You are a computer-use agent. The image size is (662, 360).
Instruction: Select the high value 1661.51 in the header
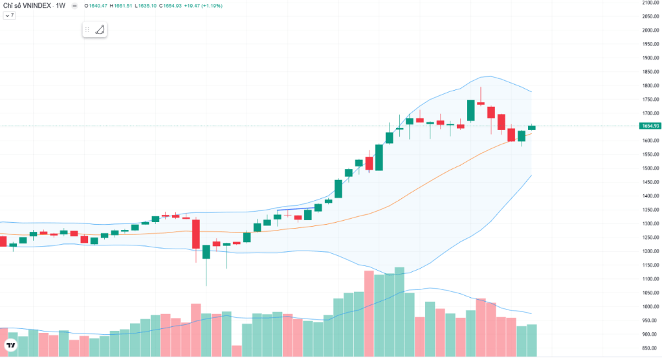click(122, 6)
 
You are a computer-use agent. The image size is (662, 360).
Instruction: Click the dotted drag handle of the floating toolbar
click(87, 29)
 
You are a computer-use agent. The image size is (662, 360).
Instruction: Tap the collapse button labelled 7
click(9, 15)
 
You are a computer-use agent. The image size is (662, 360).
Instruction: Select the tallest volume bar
click(399, 311)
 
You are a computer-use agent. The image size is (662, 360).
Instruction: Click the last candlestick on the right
click(532, 127)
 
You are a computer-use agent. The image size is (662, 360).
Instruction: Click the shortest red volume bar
click(236, 350)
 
